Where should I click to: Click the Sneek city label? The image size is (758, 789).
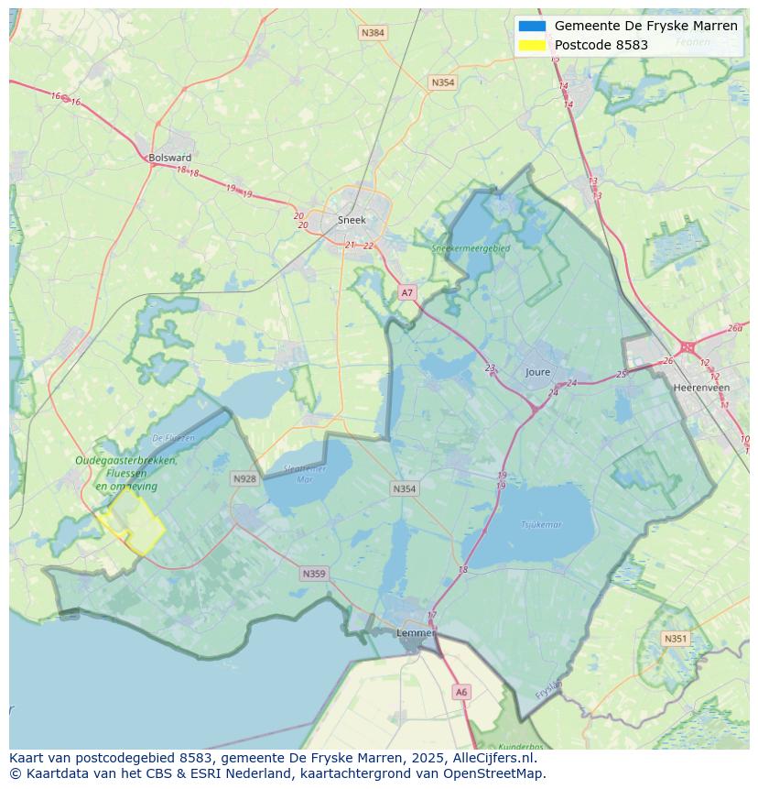pos(352,220)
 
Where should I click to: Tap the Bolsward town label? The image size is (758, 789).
pos(170,158)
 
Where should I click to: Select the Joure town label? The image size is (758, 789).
pos(538,372)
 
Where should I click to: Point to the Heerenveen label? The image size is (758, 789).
pos(701,388)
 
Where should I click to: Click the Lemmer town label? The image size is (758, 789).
pos(415,633)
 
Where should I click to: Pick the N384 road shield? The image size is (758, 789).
pos(373,33)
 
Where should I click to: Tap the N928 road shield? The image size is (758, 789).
pos(244,478)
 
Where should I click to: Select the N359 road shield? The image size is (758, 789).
pos(313,574)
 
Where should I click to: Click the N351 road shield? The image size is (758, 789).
pos(676,639)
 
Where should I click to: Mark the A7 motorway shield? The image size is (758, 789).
pos(407,293)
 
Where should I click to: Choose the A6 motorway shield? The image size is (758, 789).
pos(461,693)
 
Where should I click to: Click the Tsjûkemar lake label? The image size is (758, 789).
pos(541,525)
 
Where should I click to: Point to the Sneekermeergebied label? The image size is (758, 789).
pos(471,247)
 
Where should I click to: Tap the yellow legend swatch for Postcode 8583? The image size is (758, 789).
pos(532,45)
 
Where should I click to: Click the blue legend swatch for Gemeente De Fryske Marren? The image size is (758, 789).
pos(532,26)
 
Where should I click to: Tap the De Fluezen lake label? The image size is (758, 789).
pos(173,438)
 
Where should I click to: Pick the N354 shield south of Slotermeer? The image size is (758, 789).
pos(405,488)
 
